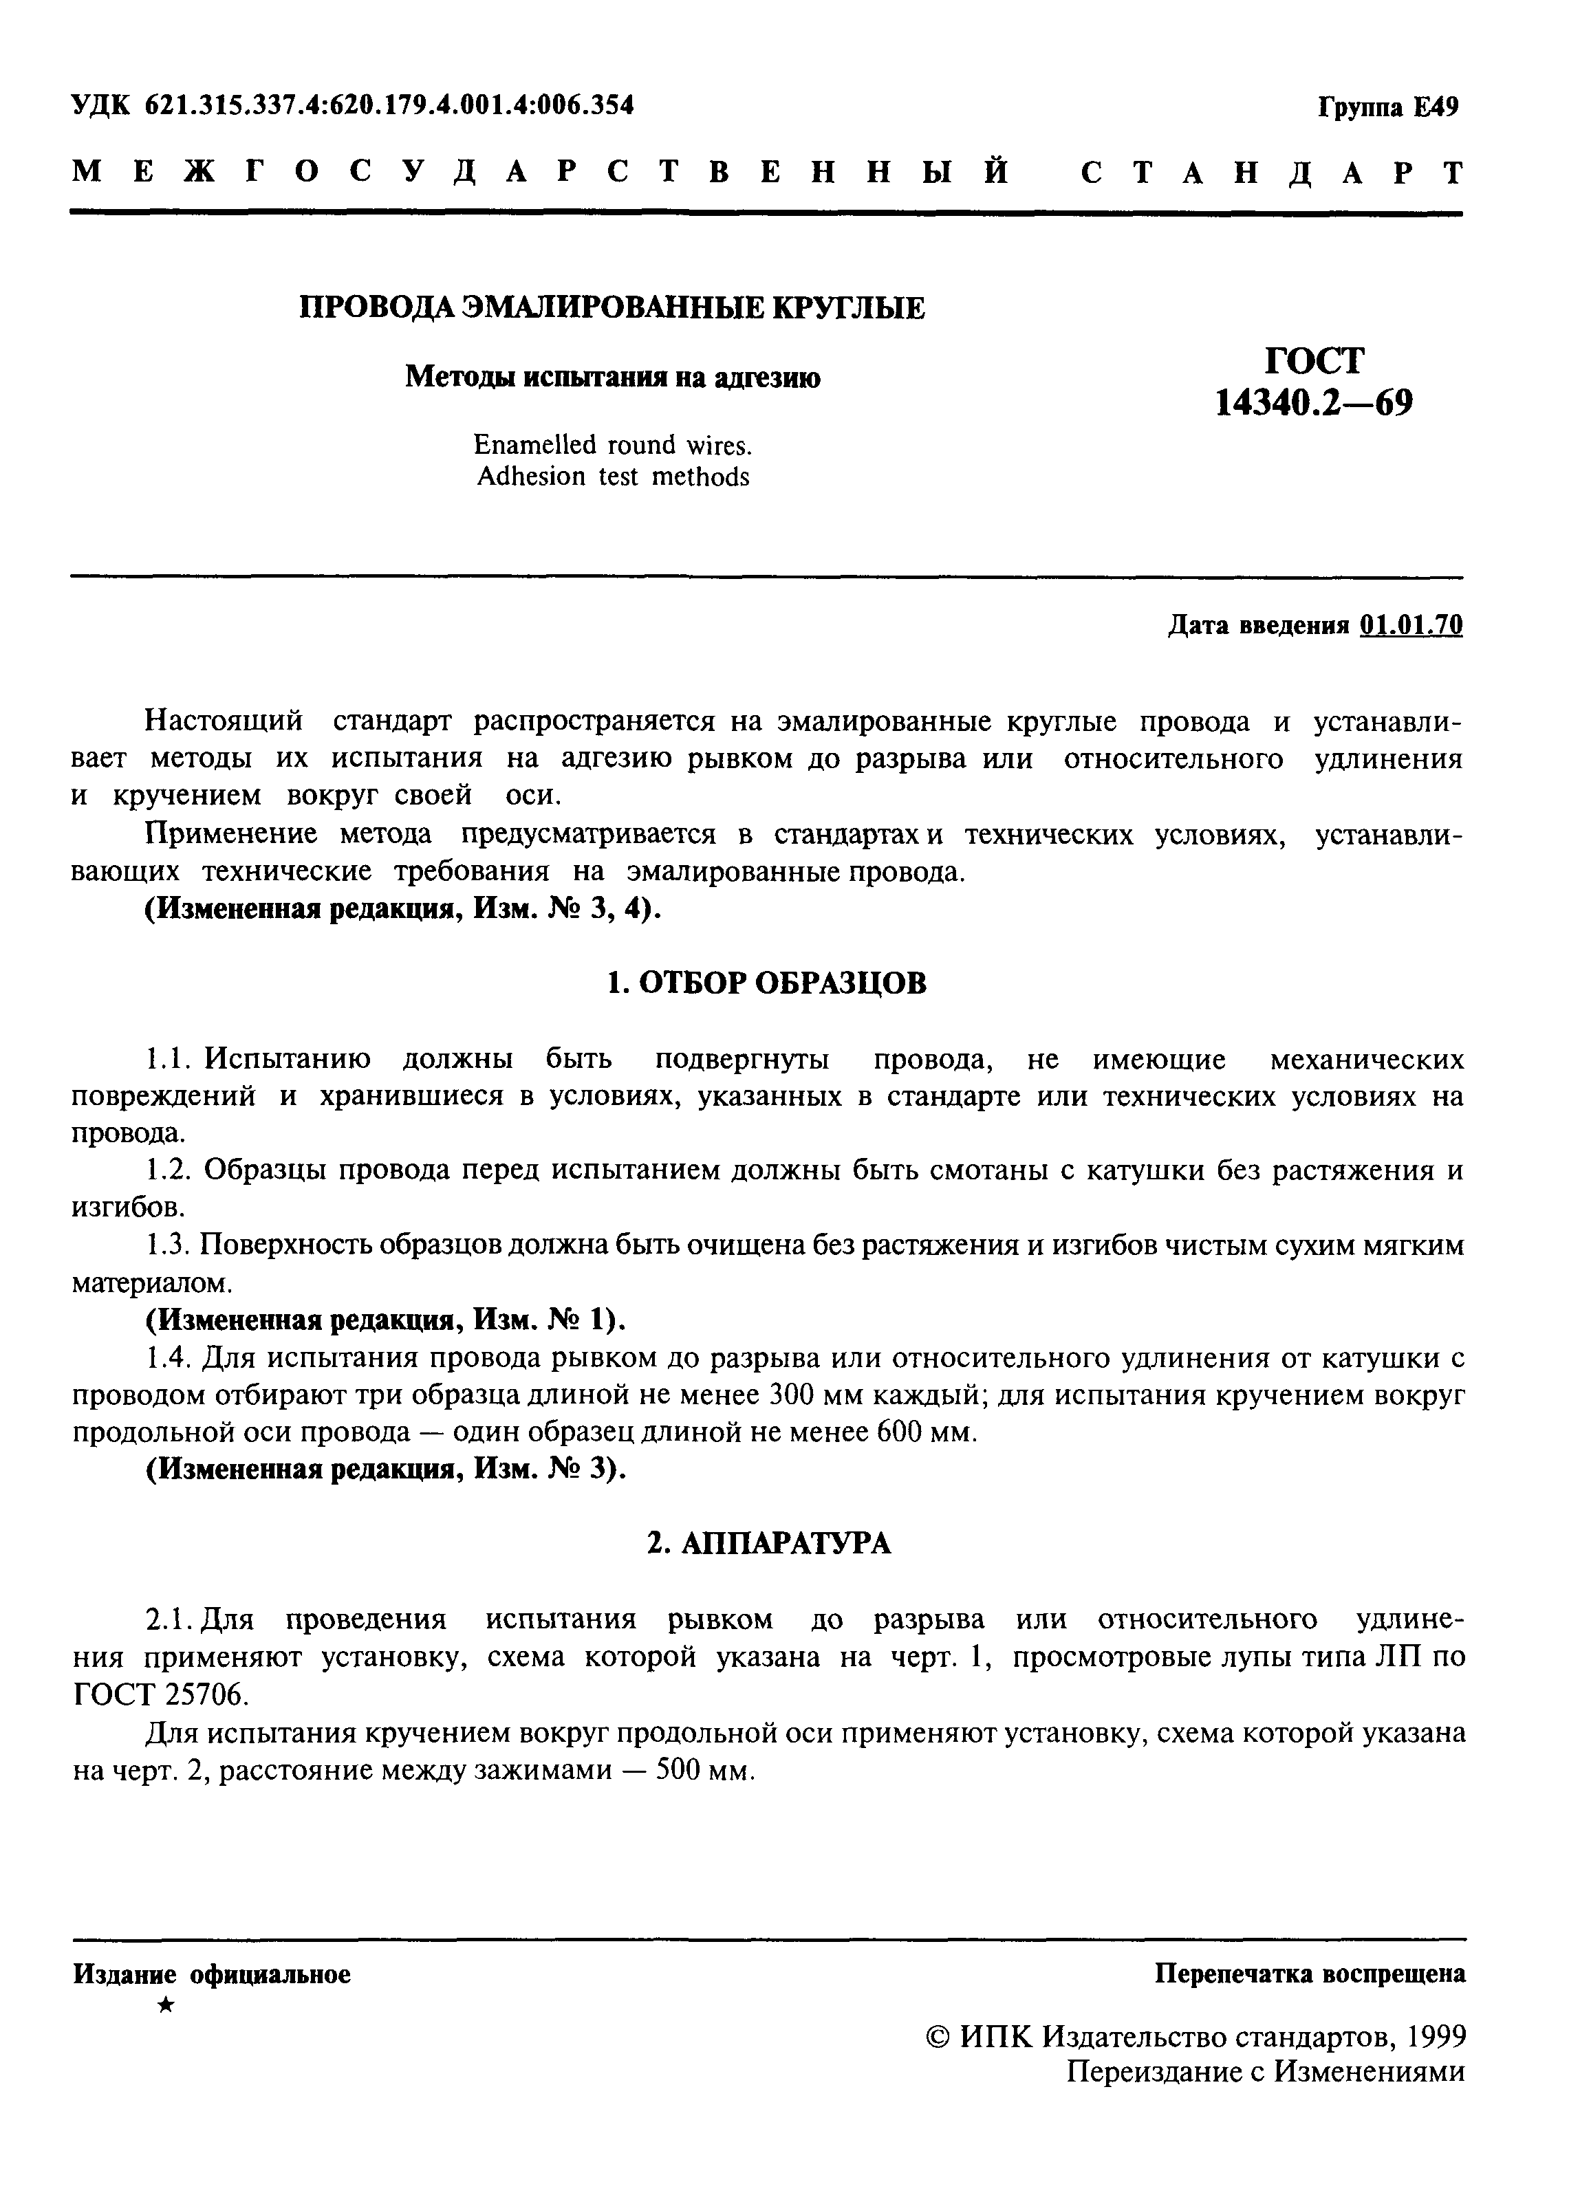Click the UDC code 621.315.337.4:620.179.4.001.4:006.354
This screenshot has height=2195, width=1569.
[389, 105]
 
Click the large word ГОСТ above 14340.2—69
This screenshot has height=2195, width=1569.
[1315, 361]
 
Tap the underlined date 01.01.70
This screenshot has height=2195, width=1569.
[1411, 626]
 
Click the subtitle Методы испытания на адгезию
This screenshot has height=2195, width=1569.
[612, 377]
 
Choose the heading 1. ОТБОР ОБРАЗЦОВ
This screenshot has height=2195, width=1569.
[767, 983]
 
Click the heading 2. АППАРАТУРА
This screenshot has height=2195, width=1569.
[768, 1544]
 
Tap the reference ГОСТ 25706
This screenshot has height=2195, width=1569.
[160, 1695]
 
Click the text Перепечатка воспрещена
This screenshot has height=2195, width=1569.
[1310, 1974]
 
